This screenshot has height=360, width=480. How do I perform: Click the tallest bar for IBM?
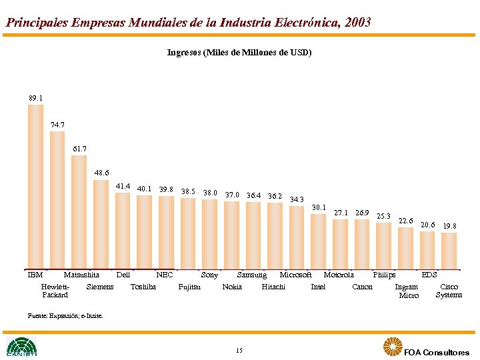[35, 186]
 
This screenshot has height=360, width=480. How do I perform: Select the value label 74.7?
[57, 125]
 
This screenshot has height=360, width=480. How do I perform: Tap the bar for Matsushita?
[79, 211]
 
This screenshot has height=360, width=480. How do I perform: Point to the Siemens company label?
[100, 287]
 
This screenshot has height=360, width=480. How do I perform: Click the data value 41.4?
[123, 187]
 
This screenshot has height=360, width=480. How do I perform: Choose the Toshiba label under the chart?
[143, 287]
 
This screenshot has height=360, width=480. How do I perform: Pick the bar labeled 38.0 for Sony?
[210, 233]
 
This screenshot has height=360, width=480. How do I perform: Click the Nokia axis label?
[232, 287]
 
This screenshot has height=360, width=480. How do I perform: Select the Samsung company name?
[252, 275]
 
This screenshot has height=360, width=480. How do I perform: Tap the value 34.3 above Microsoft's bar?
[297, 199]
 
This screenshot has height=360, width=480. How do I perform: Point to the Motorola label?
[339, 275]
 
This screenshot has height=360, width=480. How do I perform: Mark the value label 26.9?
[362, 213]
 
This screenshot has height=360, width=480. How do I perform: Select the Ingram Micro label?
[407, 291]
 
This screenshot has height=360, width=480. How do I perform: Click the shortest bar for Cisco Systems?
[449, 251]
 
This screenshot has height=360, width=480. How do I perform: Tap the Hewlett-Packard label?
[55, 291]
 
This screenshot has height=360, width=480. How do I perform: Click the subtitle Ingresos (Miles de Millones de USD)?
[239, 52]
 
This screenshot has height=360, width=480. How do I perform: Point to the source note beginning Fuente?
[65, 315]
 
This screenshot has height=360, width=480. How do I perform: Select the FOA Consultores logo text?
[436, 352]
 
